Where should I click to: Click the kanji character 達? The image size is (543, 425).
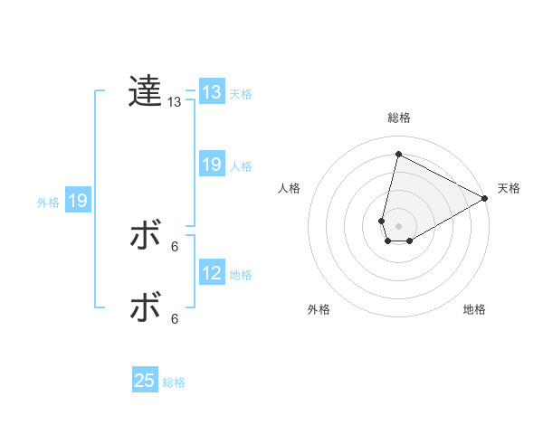pos(145,92)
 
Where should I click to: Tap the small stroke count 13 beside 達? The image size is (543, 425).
pos(175,102)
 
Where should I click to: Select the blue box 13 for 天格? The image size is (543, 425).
pos(211,92)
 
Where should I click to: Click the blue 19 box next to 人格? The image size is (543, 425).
pos(211,165)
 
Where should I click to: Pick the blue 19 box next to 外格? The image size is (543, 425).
pos(78,201)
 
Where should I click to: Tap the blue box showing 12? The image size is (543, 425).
pos(211,273)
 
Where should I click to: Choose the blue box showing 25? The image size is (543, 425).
pos(145,381)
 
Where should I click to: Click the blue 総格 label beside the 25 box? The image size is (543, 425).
pos(174,382)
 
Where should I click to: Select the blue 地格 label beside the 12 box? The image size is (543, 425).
pos(241,274)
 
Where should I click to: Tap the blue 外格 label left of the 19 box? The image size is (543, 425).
pos(48,203)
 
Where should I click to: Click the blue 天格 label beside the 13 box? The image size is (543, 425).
pos(241,93)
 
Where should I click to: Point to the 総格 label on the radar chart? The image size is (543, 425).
pos(398,118)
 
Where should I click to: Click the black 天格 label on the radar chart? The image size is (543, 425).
pos(509,188)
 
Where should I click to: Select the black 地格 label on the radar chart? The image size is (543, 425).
pos(474,309)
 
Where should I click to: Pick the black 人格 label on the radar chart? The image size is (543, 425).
pos(290,188)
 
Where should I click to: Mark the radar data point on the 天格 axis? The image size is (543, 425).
pos(486,198)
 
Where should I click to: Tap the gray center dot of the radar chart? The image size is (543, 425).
pos(398,226)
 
